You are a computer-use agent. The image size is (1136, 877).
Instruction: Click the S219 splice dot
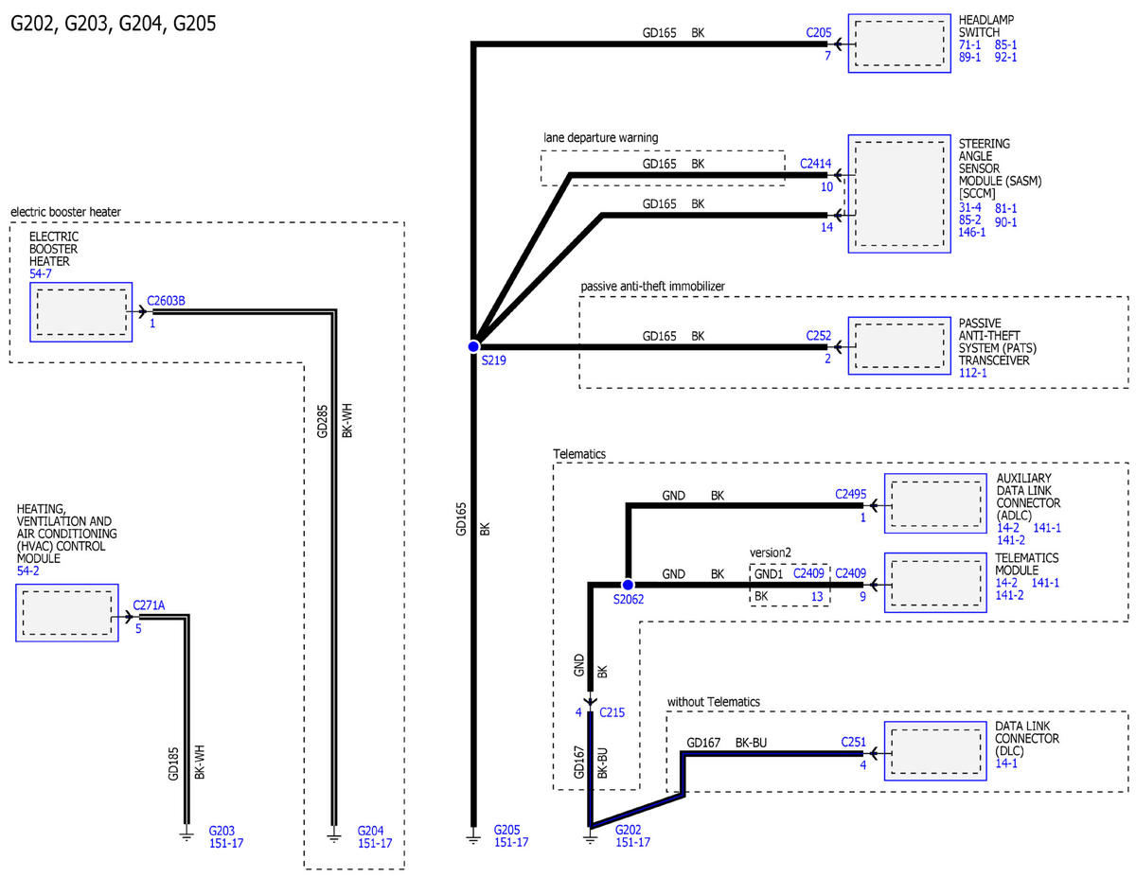point(473,346)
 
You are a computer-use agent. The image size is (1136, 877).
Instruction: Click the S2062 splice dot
point(628,585)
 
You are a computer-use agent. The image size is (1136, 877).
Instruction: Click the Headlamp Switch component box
point(898,44)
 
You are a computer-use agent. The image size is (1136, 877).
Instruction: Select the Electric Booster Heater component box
point(81,312)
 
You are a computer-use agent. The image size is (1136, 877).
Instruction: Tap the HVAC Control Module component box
point(67,613)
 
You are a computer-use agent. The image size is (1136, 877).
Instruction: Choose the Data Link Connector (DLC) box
point(934,751)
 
